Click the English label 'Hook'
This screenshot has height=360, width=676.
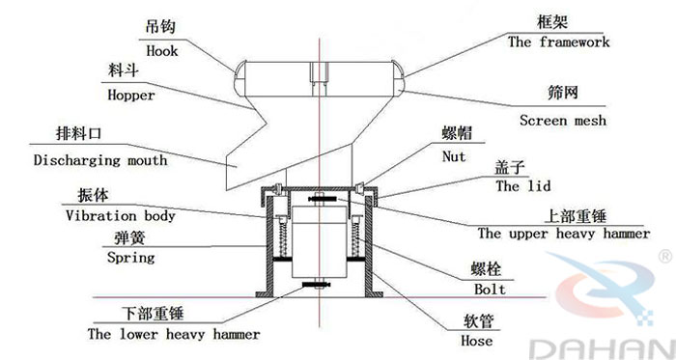(x=161, y=52)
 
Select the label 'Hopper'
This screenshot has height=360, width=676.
(x=131, y=97)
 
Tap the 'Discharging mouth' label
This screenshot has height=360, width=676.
(x=99, y=159)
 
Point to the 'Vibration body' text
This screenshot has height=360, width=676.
(x=120, y=216)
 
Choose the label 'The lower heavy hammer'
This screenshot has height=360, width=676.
(x=173, y=334)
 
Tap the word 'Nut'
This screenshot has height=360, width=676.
(x=453, y=156)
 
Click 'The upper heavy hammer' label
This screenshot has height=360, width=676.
(x=563, y=233)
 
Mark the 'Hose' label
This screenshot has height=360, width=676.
(x=477, y=341)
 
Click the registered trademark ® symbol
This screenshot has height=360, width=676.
(x=665, y=256)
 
